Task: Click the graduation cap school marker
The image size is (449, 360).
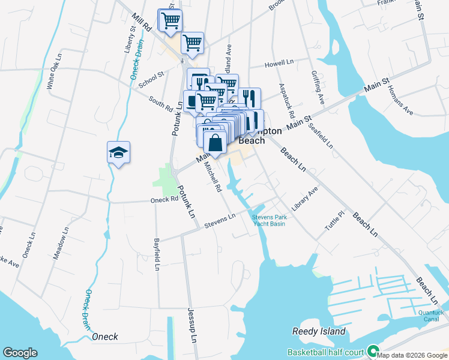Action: (119, 153)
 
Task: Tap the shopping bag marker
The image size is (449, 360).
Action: (215, 144)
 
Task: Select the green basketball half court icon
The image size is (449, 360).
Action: (373, 351)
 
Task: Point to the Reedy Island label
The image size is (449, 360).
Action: (319, 331)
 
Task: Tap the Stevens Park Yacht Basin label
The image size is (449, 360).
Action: (268, 220)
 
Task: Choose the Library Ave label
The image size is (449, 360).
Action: (305, 198)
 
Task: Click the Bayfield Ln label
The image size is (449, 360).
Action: (156, 255)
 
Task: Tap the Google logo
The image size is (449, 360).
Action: (20, 353)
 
